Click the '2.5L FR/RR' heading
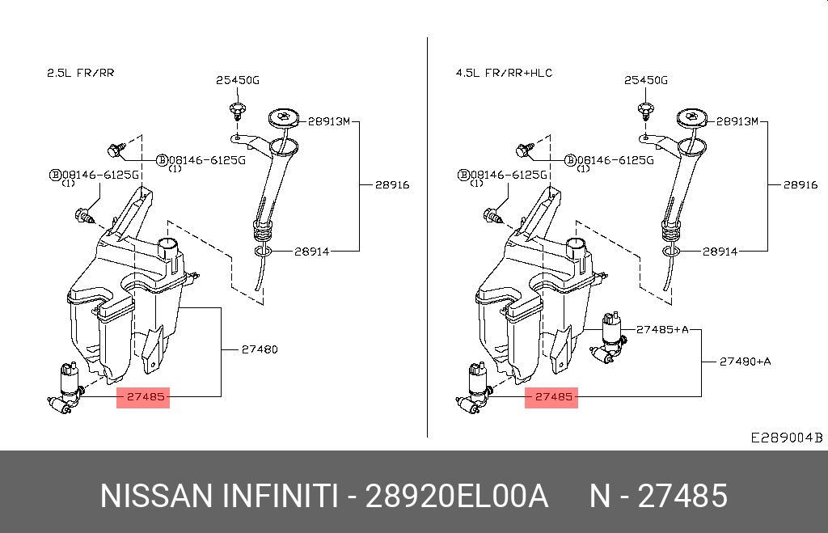click(x=80, y=73)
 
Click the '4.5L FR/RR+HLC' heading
click(x=504, y=73)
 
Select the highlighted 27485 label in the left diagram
click(x=143, y=397)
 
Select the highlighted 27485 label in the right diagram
click(x=551, y=397)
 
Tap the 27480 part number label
click(x=259, y=350)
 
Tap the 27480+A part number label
click(x=745, y=362)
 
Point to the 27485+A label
click(x=662, y=329)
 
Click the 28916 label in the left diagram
click(x=391, y=185)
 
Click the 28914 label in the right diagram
click(x=720, y=252)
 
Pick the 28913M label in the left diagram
click(x=329, y=121)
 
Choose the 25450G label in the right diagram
click(x=646, y=80)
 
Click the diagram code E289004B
click(x=786, y=438)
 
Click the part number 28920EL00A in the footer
click(x=457, y=496)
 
